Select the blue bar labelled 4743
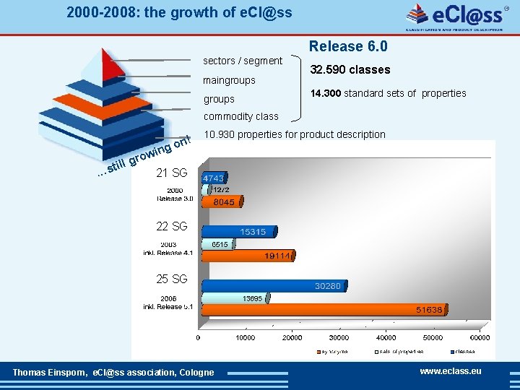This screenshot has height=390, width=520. (214, 177)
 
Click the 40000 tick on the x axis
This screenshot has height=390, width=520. (386, 337)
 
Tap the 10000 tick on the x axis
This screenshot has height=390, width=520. (246, 337)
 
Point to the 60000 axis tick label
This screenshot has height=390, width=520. (479, 337)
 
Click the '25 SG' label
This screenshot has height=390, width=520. (172, 279)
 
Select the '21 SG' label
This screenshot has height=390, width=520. (172, 173)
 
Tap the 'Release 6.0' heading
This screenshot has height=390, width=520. (348, 47)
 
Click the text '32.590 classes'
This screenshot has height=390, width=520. (350, 70)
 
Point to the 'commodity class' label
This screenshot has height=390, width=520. (240, 116)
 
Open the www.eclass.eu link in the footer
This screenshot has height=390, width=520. (450, 371)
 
